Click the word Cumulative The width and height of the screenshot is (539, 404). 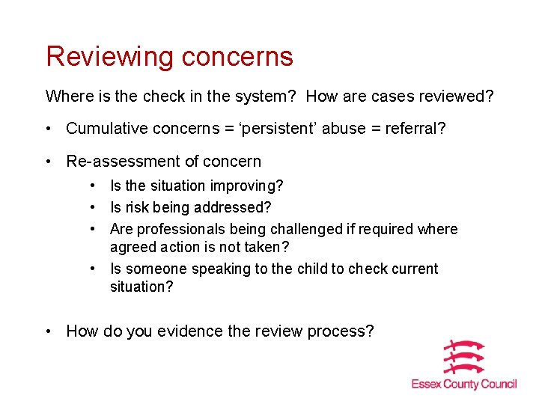[x=104, y=129]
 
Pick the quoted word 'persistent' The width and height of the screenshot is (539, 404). [x=276, y=129]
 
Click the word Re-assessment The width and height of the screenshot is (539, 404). [x=121, y=162]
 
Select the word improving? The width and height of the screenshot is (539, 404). [x=247, y=186]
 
